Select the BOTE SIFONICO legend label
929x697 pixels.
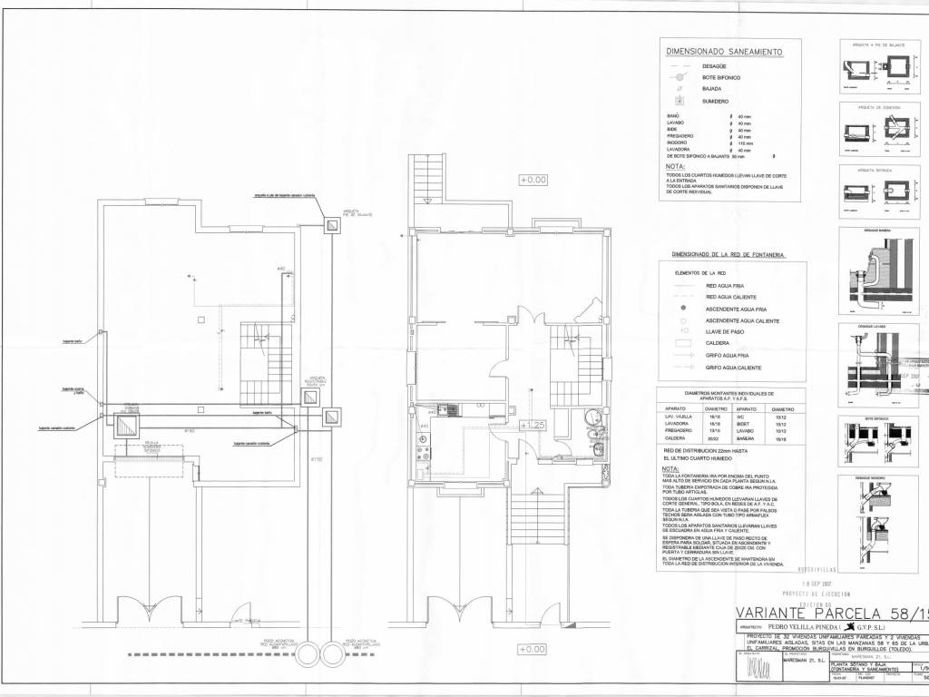pos(721,78)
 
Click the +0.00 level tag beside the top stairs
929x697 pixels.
pos(533,180)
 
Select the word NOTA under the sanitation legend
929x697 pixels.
pos(675,167)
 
